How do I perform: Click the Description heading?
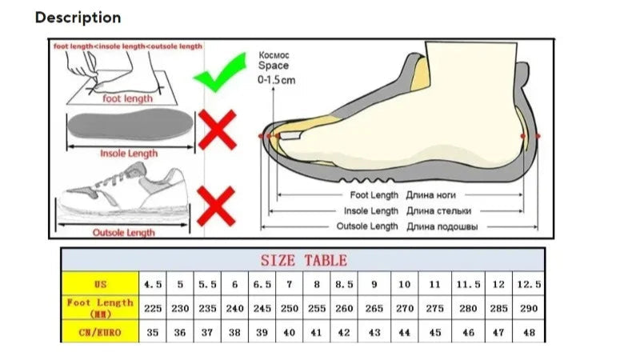coord(78,18)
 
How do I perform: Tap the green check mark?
coord(221,73)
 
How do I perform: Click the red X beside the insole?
coord(217,130)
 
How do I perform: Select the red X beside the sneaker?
coord(216,206)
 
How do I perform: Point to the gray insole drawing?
coord(130,124)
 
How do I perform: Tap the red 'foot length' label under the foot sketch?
coord(127,98)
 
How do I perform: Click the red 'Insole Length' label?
coord(129,154)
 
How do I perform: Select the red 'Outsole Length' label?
coord(124,233)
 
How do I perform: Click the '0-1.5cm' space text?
coord(276,79)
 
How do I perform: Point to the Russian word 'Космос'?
coord(274,55)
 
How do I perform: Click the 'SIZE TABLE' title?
coord(304,261)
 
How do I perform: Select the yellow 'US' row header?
coord(101,284)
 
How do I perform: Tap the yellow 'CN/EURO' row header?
coord(101,332)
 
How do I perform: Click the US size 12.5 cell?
coord(529,284)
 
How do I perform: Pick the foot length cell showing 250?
coord(290,308)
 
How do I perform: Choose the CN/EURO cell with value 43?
coord(374,332)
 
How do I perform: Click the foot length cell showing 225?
coord(153,308)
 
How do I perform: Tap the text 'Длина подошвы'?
coord(442,226)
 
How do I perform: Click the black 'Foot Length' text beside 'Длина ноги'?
coord(374,195)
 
